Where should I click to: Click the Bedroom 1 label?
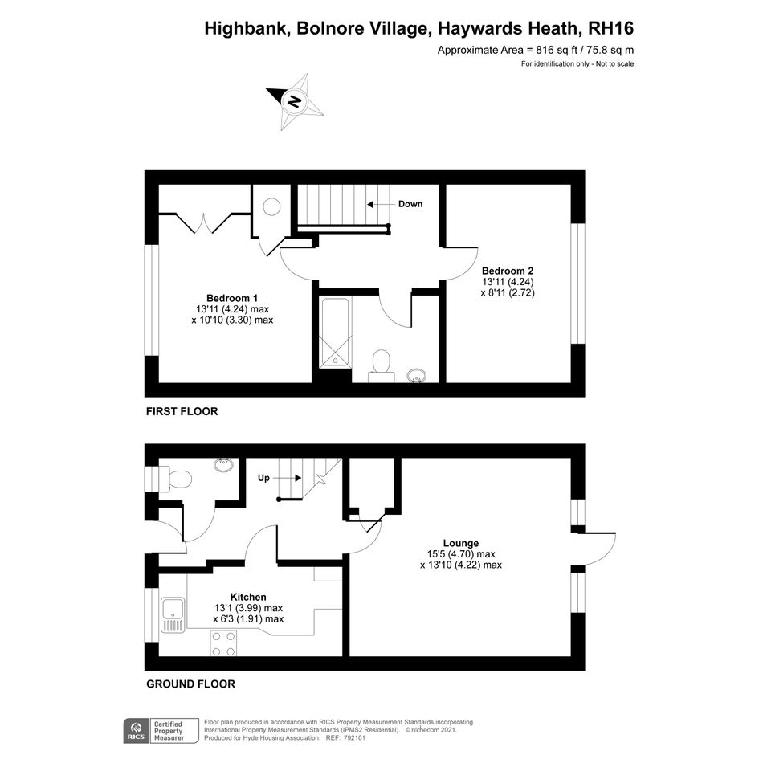232,298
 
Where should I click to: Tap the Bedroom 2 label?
508,271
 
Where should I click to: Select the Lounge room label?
461,543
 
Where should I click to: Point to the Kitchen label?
248,598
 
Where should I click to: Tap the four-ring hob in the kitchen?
223,643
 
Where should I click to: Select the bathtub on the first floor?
335,334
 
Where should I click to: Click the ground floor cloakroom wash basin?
223,465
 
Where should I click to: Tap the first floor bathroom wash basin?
416,375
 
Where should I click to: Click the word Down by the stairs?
410,204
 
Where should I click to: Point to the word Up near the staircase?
263,478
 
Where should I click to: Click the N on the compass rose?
294,102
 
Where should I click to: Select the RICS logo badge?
136,730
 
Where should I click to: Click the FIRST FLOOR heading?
182,411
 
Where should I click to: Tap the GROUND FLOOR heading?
190,684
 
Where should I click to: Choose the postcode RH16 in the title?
610,29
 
